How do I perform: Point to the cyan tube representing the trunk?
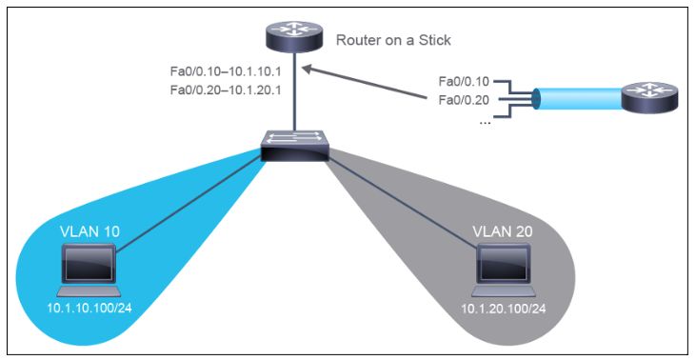[576, 98]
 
